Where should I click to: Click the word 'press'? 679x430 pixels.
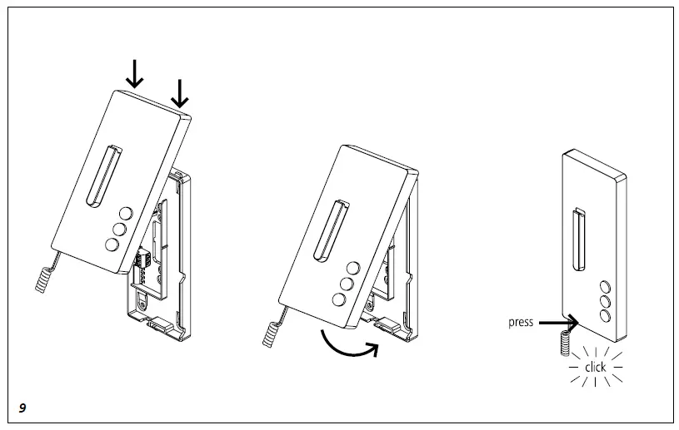(521, 322)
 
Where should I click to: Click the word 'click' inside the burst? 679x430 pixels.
(595, 367)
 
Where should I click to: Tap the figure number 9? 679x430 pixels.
(22, 407)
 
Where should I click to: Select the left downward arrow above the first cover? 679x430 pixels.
(134, 75)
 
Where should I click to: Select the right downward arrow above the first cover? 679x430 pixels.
(179, 91)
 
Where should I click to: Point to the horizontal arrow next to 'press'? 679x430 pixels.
(555, 322)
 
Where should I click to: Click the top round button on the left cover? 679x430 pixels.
(125, 212)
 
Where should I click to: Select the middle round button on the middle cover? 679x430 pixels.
(344, 284)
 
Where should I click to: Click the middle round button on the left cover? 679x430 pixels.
(118, 228)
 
